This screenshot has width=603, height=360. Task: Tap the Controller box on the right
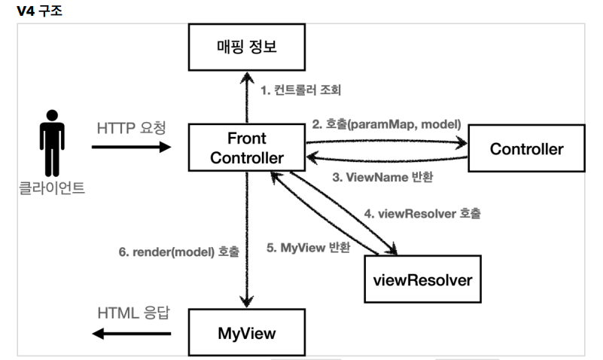tap(526, 149)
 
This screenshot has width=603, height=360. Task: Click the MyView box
tap(246, 332)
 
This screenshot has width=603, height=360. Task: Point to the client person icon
tap(51, 142)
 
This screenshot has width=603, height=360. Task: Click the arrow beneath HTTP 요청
tap(132, 147)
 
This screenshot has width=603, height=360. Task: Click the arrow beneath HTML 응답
tap(132, 332)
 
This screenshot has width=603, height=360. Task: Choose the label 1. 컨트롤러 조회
tap(300, 91)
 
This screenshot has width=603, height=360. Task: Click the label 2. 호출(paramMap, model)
tap(386, 124)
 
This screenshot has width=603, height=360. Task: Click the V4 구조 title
tap(37, 11)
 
